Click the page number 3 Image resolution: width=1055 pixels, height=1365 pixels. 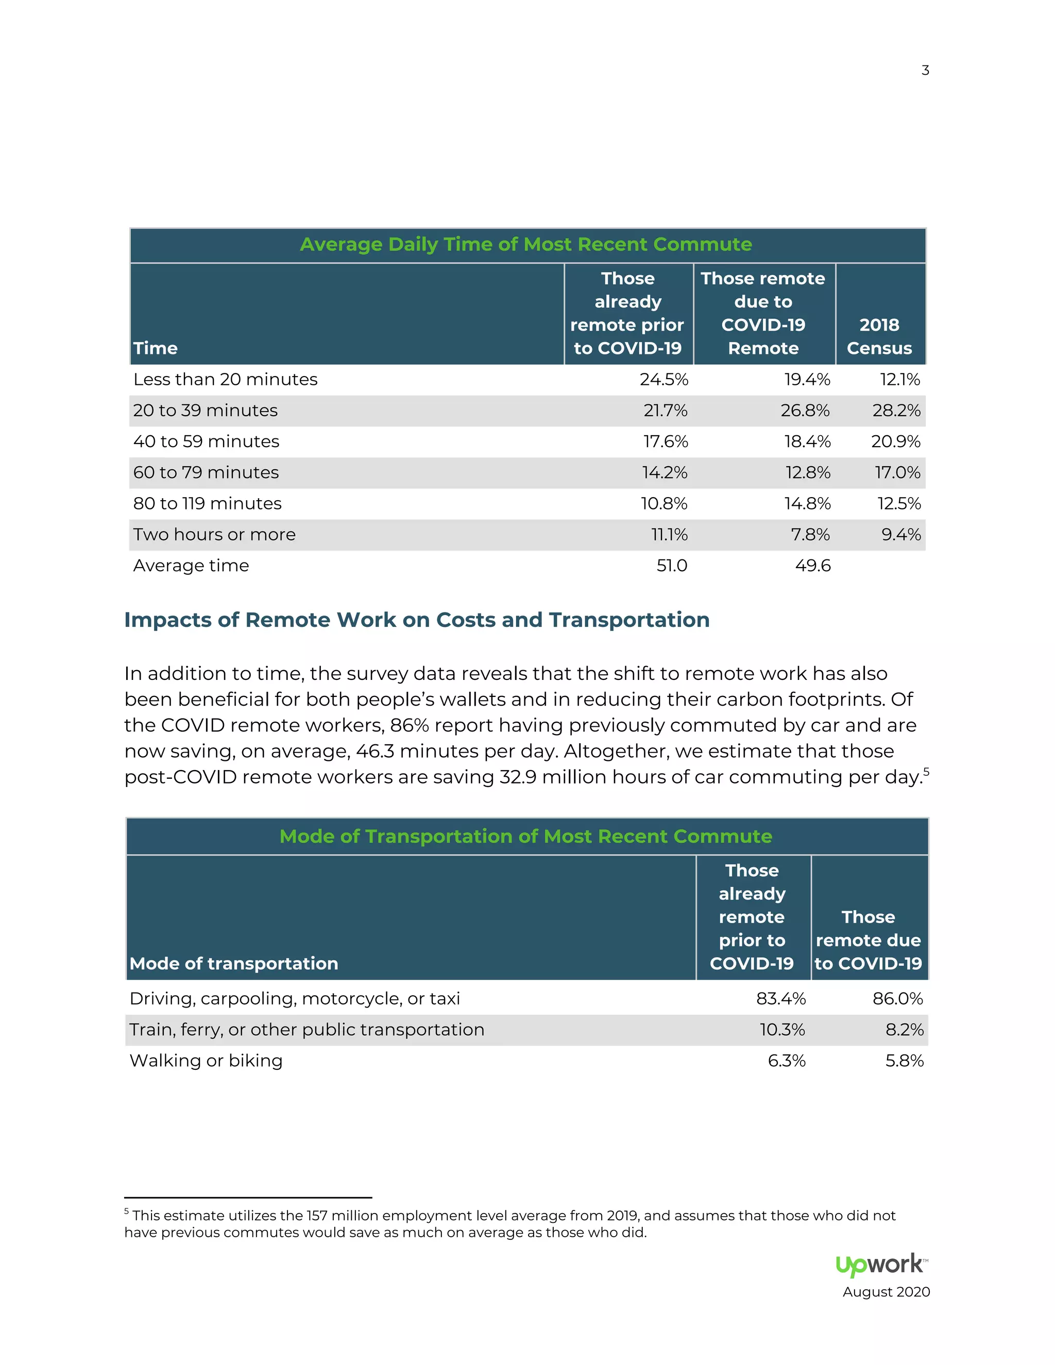925,70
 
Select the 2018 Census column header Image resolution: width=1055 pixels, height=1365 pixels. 879,336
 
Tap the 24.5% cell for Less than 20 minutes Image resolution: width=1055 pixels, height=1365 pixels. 663,380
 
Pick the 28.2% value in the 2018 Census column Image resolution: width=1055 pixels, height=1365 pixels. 896,411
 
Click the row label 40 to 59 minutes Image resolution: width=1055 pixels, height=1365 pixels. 206,441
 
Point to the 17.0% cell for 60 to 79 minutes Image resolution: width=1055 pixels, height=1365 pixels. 897,472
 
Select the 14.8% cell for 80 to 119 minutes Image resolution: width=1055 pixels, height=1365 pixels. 808,504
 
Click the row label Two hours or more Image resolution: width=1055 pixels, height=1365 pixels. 214,534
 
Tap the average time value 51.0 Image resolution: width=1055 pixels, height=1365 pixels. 672,566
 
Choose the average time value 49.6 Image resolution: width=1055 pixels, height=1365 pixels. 812,566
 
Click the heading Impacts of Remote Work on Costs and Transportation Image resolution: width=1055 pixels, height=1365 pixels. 417,620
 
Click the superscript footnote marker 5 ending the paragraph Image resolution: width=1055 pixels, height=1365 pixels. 926,772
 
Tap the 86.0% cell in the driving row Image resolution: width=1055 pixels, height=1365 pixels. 897,999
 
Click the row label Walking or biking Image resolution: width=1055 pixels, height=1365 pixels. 206,1061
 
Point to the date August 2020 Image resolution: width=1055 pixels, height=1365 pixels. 886,1292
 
